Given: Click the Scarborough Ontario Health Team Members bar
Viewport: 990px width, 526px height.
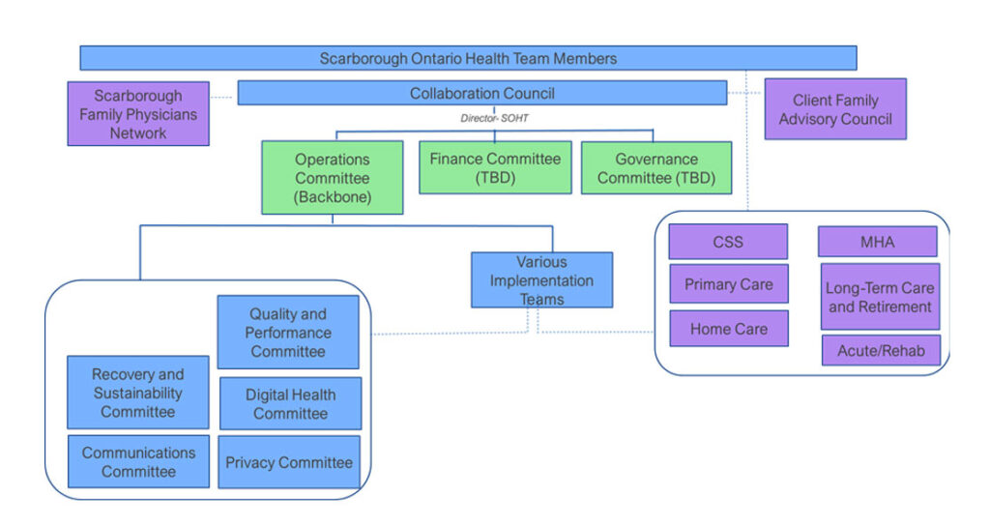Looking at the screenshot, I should click(468, 58).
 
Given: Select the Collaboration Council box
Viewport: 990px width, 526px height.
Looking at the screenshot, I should click(481, 93).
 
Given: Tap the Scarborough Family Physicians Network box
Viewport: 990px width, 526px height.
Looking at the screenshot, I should click(138, 114).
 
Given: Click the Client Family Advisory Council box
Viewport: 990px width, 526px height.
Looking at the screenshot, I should click(835, 109).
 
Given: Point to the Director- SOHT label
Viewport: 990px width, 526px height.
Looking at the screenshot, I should click(493, 117).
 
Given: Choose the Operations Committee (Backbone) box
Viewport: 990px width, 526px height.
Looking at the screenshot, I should click(333, 178).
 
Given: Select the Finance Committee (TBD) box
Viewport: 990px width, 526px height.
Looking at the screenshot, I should click(495, 167).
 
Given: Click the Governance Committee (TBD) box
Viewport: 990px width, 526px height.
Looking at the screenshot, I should click(656, 167).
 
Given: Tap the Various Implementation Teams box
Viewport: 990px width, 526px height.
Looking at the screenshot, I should click(541, 279).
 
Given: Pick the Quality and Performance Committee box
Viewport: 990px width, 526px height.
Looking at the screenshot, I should click(288, 332).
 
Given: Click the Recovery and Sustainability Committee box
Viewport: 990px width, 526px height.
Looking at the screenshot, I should click(138, 392).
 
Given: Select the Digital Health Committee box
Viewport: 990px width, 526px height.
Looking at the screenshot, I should click(290, 403).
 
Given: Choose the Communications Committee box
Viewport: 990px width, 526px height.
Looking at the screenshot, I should click(138, 461).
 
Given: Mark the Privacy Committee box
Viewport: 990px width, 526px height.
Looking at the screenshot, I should click(289, 462).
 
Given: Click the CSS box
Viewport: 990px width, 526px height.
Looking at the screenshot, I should click(728, 242).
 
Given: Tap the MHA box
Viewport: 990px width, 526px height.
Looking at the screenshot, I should click(877, 242).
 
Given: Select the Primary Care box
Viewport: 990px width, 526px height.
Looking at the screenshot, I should click(728, 284).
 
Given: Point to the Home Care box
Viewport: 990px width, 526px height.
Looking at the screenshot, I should click(728, 329).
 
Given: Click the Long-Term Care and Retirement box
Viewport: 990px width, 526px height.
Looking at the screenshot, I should click(880, 297).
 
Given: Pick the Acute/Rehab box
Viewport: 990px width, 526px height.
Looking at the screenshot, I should click(881, 350).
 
